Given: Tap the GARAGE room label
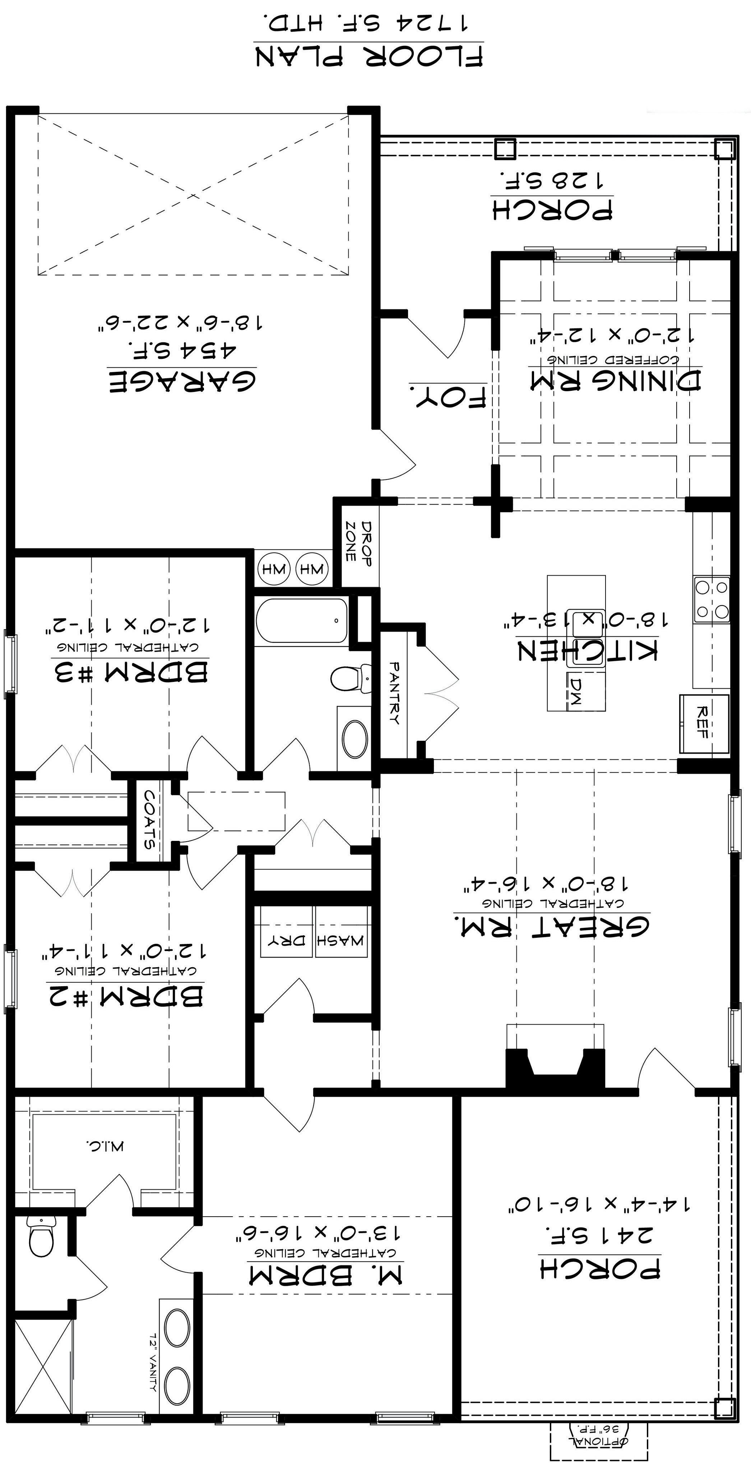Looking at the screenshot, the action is point(182,381).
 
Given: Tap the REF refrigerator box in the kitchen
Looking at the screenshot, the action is point(704,724).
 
